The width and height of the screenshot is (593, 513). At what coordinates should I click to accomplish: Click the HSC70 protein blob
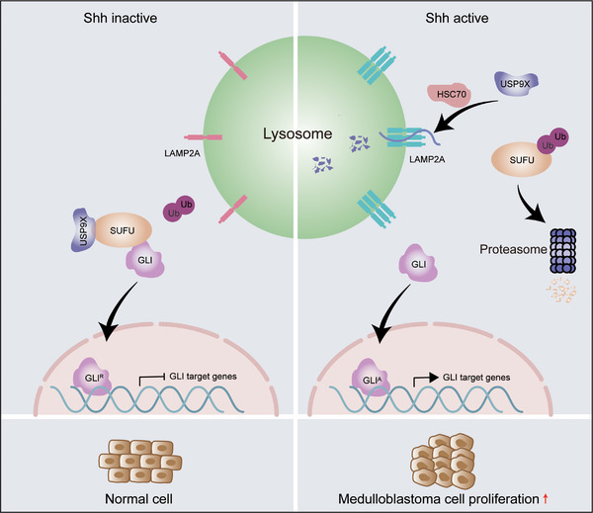[449, 95]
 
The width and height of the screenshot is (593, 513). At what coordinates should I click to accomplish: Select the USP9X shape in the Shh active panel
[516, 84]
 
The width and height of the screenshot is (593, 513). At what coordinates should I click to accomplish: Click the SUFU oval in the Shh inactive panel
[123, 230]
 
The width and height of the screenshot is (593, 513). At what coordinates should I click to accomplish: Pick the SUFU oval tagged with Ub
[521, 159]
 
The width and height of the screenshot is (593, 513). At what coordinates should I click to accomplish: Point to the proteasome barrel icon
[562, 250]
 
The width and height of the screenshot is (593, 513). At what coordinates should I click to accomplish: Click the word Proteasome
[513, 249]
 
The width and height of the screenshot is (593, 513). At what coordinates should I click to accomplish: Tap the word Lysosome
[297, 133]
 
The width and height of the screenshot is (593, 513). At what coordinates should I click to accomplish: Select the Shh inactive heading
[121, 18]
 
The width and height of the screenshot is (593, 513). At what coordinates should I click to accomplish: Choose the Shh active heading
[457, 18]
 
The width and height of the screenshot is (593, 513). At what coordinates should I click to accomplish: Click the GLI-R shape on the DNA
[92, 377]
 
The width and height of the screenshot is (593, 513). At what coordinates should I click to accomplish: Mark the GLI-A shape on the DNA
[370, 379]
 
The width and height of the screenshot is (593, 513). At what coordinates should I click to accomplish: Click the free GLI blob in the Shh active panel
[418, 263]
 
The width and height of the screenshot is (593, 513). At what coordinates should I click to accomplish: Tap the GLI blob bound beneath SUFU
[145, 260]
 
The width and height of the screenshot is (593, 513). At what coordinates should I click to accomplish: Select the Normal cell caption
[138, 499]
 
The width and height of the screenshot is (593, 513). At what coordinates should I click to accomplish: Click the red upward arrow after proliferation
[545, 498]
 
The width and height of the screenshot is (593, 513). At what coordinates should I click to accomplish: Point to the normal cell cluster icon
[140, 462]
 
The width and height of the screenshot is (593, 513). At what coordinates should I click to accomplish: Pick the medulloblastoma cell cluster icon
[443, 462]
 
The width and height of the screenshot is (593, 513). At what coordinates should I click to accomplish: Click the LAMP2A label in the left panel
[182, 153]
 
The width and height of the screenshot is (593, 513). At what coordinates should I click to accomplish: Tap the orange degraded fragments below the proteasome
[561, 291]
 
